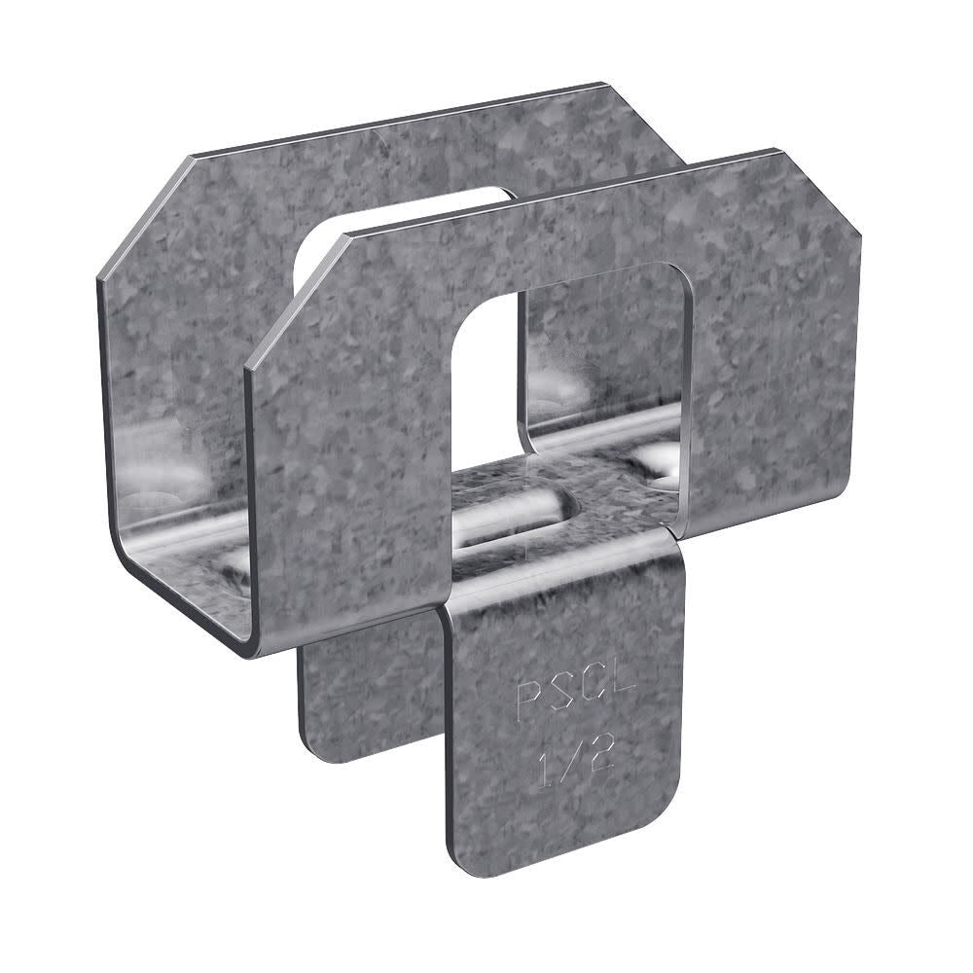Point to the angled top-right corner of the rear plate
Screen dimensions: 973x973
point(647,117)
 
